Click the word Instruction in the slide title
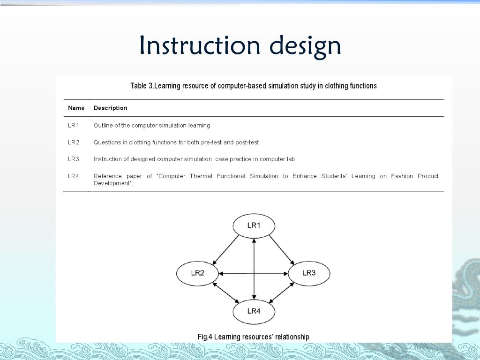(x=200, y=45)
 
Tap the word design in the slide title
(x=305, y=46)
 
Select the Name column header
(x=76, y=108)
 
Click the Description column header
(x=110, y=108)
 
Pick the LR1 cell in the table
(x=74, y=125)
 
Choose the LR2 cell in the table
(x=74, y=142)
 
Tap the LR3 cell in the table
(x=74, y=159)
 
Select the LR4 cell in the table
(x=74, y=176)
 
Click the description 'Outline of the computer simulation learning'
(x=152, y=125)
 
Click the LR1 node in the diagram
(x=254, y=225)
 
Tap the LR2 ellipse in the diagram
(x=197, y=273)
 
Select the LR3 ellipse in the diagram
(x=309, y=273)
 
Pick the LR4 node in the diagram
(x=254, y=311)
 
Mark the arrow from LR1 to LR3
(x=281, y=249)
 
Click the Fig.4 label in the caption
(x=205, y=337)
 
